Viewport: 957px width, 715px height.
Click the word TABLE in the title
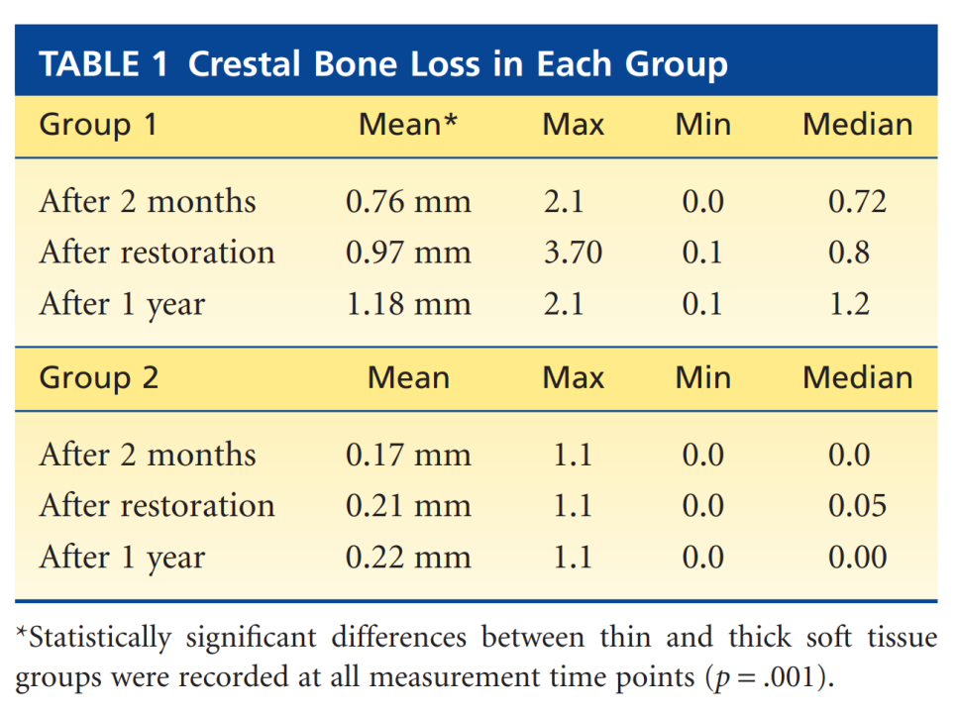point(89,64)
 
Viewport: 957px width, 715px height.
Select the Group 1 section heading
point(98,125)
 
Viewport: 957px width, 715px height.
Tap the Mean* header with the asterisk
point(408,125)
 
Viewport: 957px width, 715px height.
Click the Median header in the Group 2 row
point(858,377)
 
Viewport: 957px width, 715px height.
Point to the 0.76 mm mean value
point(408,201)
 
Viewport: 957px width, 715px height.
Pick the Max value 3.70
point(573,252)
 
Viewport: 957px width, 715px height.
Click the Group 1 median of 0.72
point(858,201)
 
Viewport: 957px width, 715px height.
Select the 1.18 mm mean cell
point(408,303)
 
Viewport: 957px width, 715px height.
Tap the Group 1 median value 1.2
point(849,303)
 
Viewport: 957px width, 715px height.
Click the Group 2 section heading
point(99,377)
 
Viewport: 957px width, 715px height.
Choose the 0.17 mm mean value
point(408,455)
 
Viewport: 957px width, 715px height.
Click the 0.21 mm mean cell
point(408,505)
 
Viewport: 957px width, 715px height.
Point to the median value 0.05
point(858,505)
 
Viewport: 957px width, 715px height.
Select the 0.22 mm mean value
point(408,557)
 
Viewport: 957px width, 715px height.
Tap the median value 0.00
point(858,557)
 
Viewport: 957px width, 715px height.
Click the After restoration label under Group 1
point(157,252)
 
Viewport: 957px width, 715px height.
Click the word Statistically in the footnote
point(94,638)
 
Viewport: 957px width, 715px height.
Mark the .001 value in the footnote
point(790,677)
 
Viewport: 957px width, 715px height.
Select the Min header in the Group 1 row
point(703,125)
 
